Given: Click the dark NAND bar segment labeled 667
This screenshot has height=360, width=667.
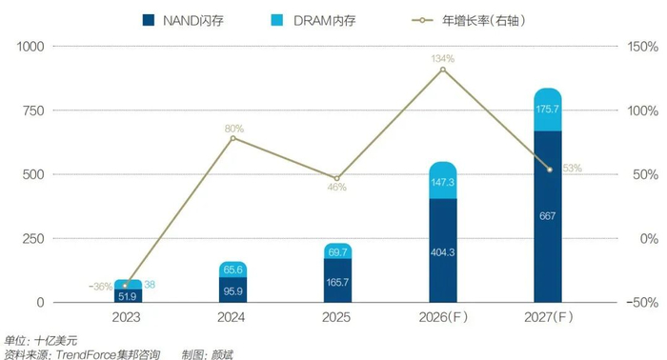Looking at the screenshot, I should tap(548, 216).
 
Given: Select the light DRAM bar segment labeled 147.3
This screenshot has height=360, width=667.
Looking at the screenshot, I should tap(442, 181).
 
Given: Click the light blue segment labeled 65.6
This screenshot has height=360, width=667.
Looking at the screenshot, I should tap(232, 270).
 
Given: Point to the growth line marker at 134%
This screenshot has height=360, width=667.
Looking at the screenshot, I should tap(442, 69).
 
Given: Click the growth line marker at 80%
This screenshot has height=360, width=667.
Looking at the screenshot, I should tap(232, 138).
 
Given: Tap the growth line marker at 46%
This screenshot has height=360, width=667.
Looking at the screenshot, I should tap(336, 178).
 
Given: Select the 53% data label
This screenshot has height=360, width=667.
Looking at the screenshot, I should tap(571, 169).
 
